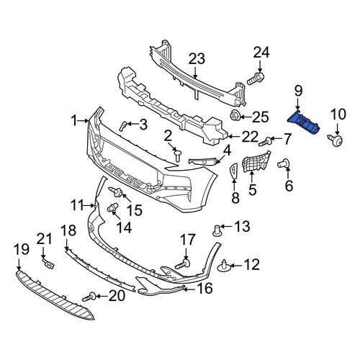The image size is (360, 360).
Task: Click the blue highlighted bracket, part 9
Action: click(x=304, y=123)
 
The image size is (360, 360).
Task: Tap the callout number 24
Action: click(x=261, y=53)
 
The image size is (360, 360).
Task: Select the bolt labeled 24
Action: click(x=256, y=79)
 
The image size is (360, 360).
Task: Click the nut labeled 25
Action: click(x=234, y=116)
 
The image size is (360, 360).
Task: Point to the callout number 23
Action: click(x=197, y=59)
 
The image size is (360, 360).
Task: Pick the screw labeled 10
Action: click(x=336, y=140)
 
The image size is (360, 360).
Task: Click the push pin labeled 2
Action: click(x=178, y=155)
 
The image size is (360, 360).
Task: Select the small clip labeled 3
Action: click(x=122, y=126)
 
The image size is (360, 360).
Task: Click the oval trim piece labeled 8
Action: click(x=233, y=171)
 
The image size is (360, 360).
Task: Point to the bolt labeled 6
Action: click(x=284, y=164)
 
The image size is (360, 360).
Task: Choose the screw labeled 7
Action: click(x=266, y=141)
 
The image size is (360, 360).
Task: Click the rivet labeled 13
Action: click(x=217, y=230)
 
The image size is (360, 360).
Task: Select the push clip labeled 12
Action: click(x=224, y=265)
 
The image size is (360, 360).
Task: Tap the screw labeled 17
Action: click(x=183, y=264)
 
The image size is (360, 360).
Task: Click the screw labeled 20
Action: click(x=89, y=297)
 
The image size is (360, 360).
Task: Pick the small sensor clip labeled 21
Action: click(x=48, y=264)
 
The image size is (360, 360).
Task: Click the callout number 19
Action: click(x=22, y=249)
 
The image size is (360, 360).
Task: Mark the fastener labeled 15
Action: click(x=116, y=192)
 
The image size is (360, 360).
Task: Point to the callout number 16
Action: click(x=204, y=288)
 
